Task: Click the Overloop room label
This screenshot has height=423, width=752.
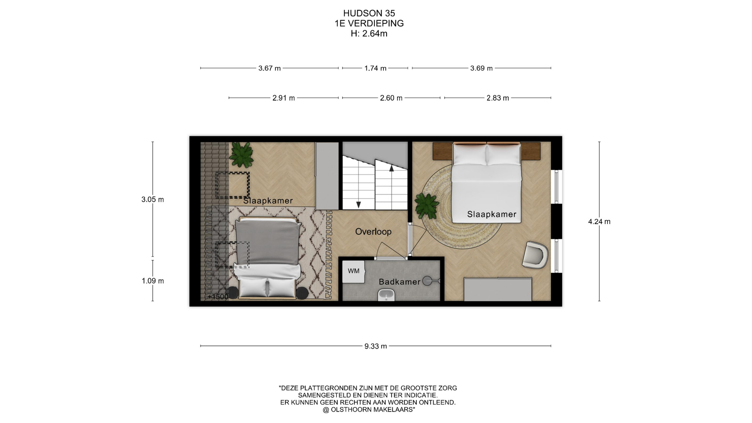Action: tap(373, 231)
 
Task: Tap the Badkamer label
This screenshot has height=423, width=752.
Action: tap(399, 282)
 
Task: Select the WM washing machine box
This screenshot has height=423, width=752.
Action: tap(354, 271)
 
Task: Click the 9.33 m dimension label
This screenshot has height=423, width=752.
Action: tap(376, 346)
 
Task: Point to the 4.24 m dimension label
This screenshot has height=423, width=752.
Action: tap(599, 222)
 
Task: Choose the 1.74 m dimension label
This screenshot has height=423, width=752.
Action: tap(375, 69)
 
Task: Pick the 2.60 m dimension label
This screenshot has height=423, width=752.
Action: tap(391, 98)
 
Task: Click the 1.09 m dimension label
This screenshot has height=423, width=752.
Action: tap(153, 281)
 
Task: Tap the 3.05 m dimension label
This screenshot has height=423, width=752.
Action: tap(153, 199)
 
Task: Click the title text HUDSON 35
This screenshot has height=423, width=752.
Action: tap(369, 14)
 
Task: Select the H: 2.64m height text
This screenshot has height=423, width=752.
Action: tap(369, 34)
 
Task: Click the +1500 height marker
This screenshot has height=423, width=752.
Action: tap(218, 297)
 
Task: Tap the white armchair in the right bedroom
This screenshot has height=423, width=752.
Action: tap(535, 255)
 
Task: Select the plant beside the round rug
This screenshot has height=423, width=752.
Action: tap(427, 206)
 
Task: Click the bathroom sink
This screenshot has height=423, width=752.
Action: tap(387, 295)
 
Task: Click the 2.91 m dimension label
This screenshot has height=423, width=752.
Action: tap(284, 98)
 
